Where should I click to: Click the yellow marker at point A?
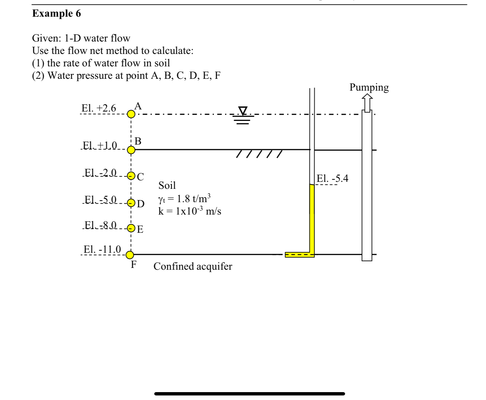click(x=131, y=114)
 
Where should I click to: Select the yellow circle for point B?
click(x=131, y=150)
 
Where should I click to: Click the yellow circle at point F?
click(x=130, y=255)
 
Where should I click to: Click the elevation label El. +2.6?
click(x=99, y=108)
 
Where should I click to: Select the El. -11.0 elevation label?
click(x=102, y=249)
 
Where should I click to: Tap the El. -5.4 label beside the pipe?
click(x=332, y=178)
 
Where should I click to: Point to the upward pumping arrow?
click(x=367, y=102)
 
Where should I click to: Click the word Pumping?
click(x=369, y=87)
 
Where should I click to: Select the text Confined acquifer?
click(x=193, y=266)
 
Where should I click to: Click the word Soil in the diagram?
click(x=167, y=185)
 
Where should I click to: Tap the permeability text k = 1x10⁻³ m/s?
click(x=190, y=211)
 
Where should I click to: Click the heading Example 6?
click(x=57, y=13)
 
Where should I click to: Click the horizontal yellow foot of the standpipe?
click(x=299, y=255)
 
